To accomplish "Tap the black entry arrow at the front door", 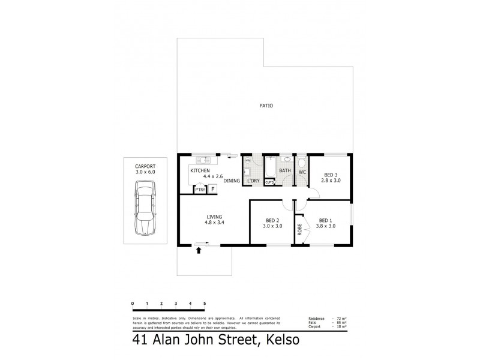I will pyautogui.click(x=199, y=251).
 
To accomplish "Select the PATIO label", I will pyautogui.click(x=266, y=106).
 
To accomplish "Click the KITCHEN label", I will pyautogui.click(x=200, y=171).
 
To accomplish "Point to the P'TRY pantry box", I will pyautogui.click(x=199, y=190).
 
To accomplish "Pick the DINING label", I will pyautogui.click(x=232, y=181).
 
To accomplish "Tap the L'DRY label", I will pyautogui.click(x=253, y=181).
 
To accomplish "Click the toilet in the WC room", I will pyautogui.click(x=302, y=164).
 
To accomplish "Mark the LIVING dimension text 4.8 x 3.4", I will pyautogui.click(x=215, y=223).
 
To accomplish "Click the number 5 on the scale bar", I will pyautogui.click(x=205, y=304).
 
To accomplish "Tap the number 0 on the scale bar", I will pyautogui.click(x=132, y=304).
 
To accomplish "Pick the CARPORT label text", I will pyautogui.click(x=145, y=166).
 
